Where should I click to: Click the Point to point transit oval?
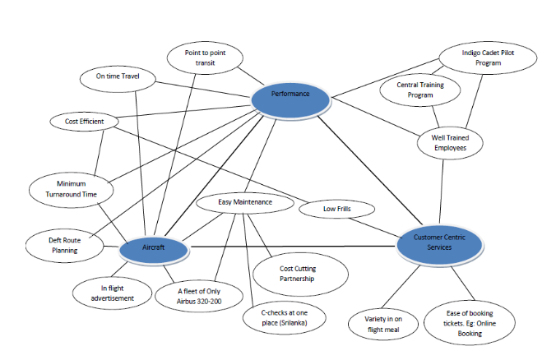(x=206, y=58)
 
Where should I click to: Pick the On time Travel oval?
(x=118, y=77)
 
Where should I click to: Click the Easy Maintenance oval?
(x=245, y=201)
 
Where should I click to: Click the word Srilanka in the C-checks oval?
(x=293, y=322)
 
